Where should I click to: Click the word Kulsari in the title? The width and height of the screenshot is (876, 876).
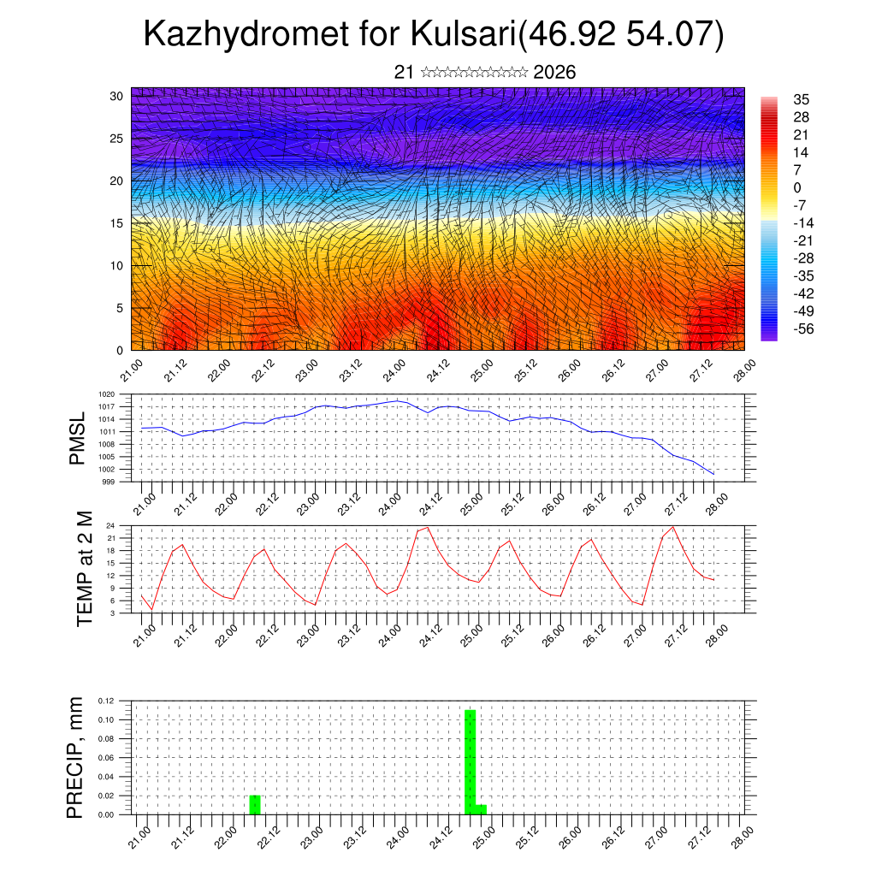pos(463,34)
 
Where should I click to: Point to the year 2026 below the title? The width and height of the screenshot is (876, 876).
pos(553,73)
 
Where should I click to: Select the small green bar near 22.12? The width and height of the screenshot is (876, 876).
pos(255,805)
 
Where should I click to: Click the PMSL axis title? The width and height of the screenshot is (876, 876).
pos(78,438)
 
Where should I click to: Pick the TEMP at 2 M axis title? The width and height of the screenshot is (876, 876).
pos(84,569)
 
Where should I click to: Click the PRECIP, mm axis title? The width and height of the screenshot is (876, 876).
pos(78,757)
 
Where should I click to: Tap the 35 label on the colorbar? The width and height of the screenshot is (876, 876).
pos(802,99)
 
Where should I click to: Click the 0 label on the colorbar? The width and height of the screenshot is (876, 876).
pos(797,187)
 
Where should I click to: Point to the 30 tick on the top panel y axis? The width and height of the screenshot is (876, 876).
pos(115,96)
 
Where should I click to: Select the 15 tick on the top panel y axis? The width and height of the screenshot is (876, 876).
pos(115,223)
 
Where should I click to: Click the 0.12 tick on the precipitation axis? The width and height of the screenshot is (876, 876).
pos(105,701)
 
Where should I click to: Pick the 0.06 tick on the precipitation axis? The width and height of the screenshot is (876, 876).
pos(105,758)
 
